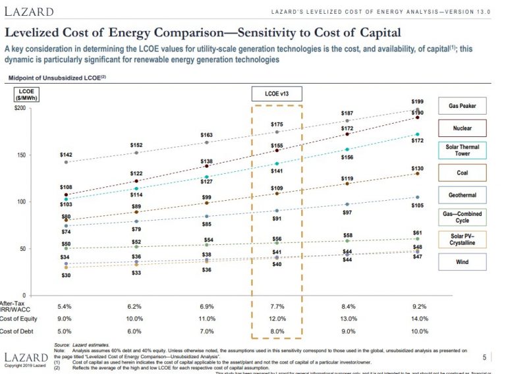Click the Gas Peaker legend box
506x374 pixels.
[x=463, y=106]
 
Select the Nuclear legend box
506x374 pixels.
[x=463, y=128]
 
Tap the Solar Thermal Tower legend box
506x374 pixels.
[x=463, y=151]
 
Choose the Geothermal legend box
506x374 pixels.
[x=463, y=195]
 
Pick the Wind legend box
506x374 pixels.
[x=463, y=261]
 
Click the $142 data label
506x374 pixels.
[x=66, y=155]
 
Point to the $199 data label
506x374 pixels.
[x=417, y=102]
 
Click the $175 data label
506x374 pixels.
[x=277, y=124]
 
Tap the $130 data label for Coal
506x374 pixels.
[x=417, y=169]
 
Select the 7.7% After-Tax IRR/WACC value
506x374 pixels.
[x=277, y=307]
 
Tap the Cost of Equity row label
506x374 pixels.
[x=18, y=319]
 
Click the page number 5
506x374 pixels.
[x=484, y=358]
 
